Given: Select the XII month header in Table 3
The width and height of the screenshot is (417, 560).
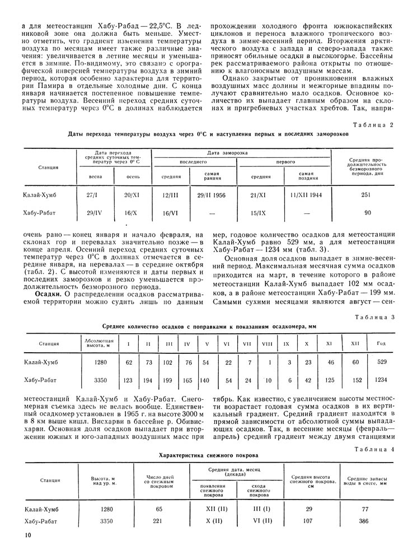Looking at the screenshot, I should click(x=354, y=343).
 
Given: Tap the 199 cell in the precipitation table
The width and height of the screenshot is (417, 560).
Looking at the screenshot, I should click(x=168, y=380).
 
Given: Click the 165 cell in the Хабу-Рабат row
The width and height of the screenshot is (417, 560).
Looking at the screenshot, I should click(x=188, y=380).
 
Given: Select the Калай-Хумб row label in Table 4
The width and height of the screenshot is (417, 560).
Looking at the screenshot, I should click(x=42, y=510).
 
